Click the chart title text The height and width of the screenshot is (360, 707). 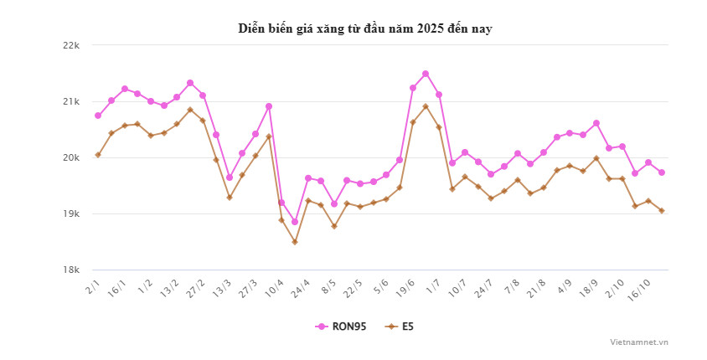coord(364,29)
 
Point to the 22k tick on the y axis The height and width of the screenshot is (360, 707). coord(70,45)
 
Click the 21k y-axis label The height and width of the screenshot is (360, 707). coord(70,101)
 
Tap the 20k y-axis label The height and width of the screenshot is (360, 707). coord(70,157)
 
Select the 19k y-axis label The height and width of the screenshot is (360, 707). coord(70,213)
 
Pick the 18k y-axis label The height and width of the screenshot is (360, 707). coord(70,270)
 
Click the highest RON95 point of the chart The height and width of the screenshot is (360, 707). coord(426,74)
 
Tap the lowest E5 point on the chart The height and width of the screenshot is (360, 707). coord(295,242)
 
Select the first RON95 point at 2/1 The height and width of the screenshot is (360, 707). coord(98,116)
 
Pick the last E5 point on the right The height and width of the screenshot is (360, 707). coord(662,211)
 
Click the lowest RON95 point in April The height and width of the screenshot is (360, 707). coord(295,222)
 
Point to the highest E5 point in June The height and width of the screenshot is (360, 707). coord(426,106)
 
